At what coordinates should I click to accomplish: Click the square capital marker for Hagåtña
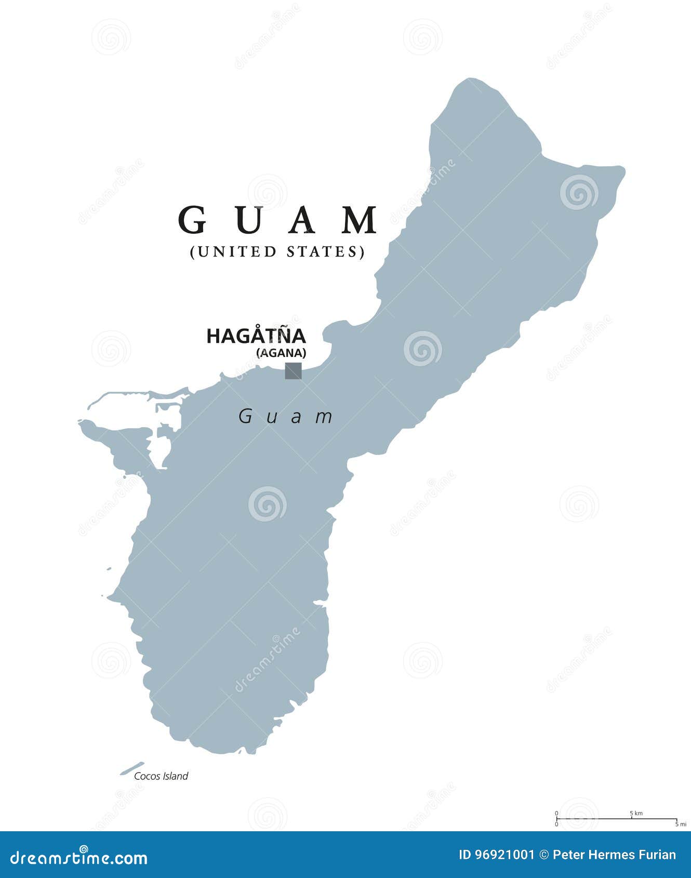pos(293,370)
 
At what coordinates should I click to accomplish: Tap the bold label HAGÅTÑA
pos(256,337)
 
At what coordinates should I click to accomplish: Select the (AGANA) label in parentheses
pos(281,353)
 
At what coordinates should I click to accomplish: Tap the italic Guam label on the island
pos(286,416)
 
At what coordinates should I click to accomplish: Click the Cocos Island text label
pos(161,776)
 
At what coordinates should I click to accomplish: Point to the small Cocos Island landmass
pos(132,768)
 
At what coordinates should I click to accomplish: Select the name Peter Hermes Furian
pos(615,855)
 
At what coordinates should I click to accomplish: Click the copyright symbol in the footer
pos(544,855)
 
